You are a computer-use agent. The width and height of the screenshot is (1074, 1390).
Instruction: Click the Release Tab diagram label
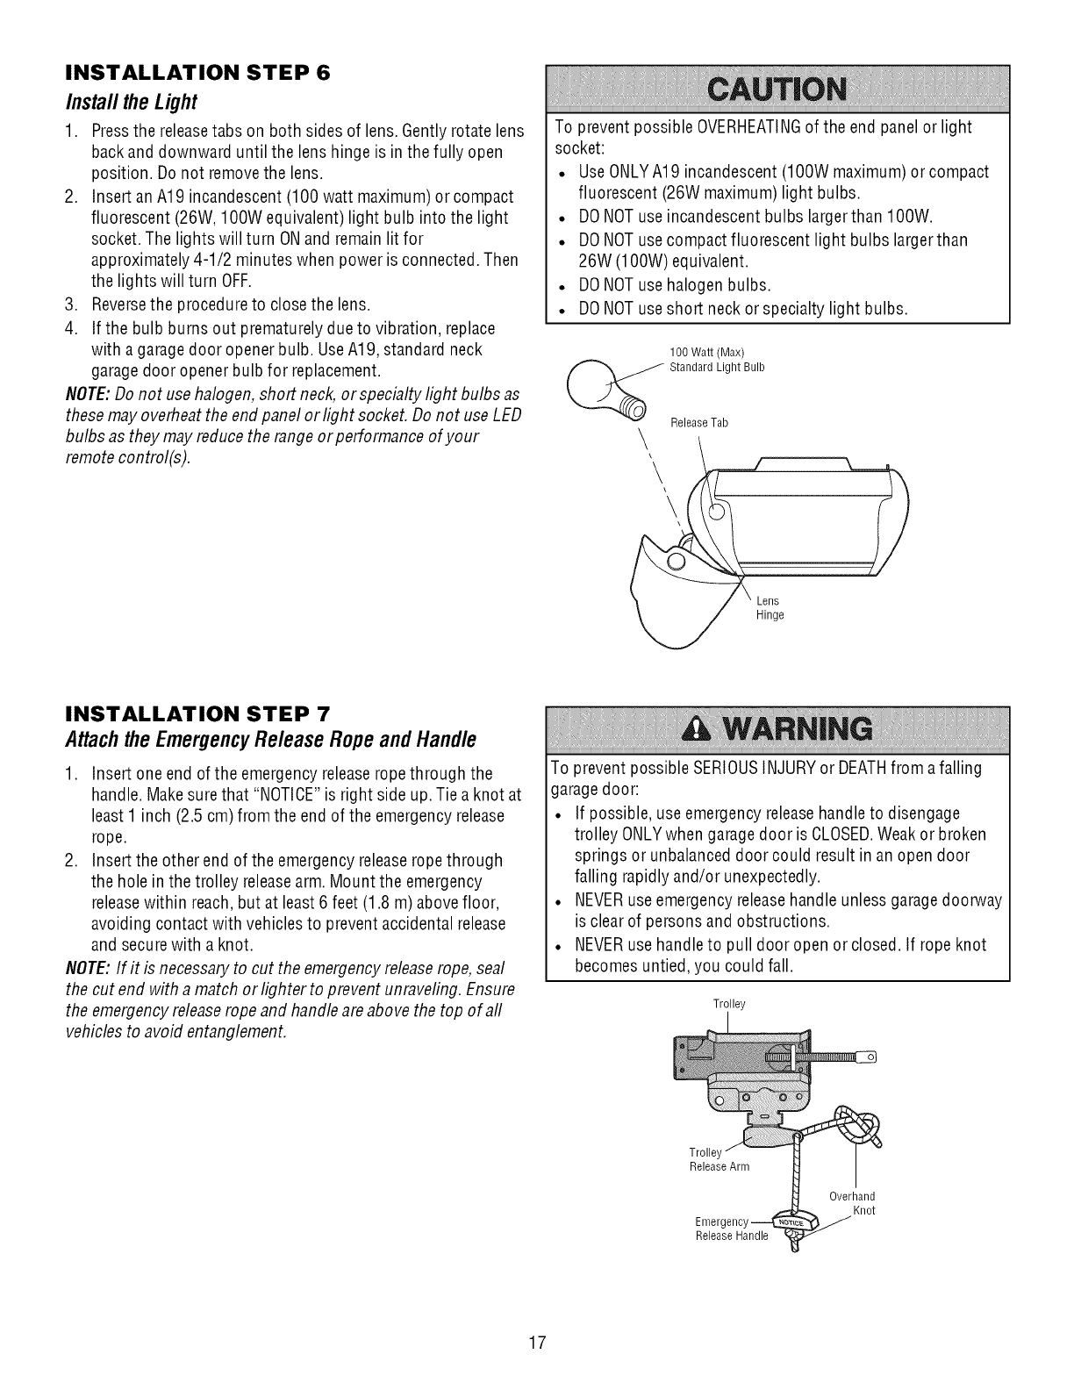click(x=698, y=423)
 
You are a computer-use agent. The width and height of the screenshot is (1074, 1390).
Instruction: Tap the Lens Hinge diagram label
click(x=770, y=608)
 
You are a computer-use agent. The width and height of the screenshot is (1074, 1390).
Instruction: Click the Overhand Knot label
click(x=852, y=1203)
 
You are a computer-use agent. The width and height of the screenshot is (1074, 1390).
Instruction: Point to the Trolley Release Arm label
click(x=719, y=1159)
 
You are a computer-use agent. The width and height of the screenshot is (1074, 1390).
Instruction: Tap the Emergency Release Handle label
click(x=730, y=1229)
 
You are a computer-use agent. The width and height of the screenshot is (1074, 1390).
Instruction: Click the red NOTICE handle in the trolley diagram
click(x=792, y=1222)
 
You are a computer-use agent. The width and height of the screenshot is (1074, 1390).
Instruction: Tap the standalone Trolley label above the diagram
click(x=729, y=1004)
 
